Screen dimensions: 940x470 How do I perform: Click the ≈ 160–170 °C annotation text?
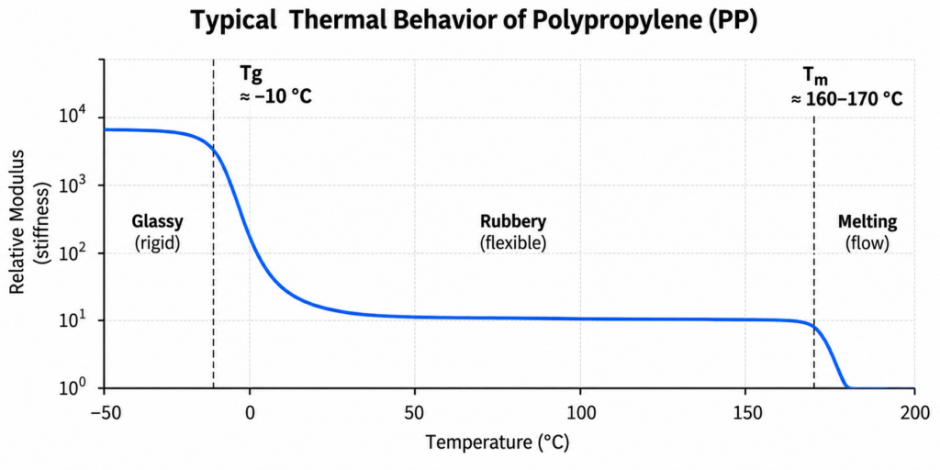tap(846, 99)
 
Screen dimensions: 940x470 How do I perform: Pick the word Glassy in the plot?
tap(158, 223)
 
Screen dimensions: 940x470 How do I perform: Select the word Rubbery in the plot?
tap(513, 222)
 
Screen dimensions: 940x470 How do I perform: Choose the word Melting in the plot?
tap(867, 223)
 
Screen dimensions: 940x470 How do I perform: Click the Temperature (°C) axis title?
tap(497, 442)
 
